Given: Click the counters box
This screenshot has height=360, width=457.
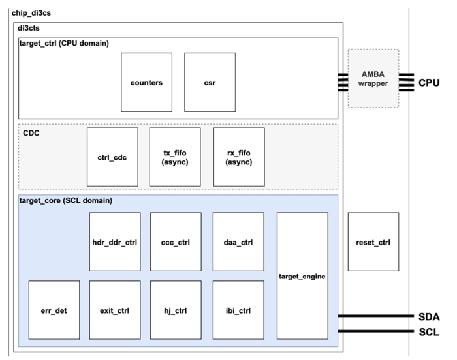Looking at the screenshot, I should (x=147, y=83).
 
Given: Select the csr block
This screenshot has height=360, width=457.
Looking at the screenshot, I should (x=210, y=83).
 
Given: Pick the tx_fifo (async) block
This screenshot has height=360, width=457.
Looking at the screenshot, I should (x=174, y=157).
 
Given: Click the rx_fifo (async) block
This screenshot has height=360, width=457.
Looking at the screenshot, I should (x=238, y=157).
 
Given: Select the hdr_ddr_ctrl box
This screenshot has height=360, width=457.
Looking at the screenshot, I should (x=115, y=242).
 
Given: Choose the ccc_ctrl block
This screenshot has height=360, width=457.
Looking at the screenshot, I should (x=176, y=242).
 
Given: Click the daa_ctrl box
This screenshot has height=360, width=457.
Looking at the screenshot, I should (x=238, y=242).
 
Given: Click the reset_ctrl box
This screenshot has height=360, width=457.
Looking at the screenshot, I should (x=373, y=242).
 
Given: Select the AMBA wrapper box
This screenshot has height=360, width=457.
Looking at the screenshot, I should (x=373, y=78).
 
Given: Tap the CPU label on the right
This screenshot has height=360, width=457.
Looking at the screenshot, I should (x=429, y=83).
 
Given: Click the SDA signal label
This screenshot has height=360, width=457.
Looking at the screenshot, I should (x=429, y=317).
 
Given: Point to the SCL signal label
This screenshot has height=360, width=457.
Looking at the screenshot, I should (x=429, y=331).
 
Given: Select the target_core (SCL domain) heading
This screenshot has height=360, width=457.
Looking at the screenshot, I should (x=65, y=200).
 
